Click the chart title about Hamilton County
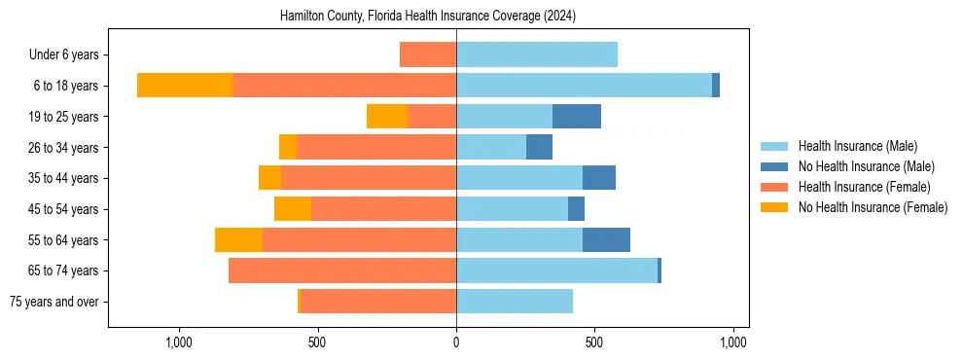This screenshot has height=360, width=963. (428, 17)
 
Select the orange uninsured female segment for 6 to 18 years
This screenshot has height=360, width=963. (185, 86)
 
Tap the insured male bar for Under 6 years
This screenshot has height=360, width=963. (537, 54)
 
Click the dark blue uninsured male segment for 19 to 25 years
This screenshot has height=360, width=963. (577, 117)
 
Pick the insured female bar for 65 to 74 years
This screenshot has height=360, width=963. (342, 270)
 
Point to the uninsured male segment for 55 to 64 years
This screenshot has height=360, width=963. (606, 240)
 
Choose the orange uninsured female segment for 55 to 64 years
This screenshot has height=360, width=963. (238, 240)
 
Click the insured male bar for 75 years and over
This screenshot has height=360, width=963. (515, 302)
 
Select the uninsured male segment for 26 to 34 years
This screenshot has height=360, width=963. (539, 147)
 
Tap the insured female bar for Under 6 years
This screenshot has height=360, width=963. (428, 54)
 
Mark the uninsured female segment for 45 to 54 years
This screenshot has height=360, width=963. (293, 209)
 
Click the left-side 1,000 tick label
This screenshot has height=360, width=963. (178, 342)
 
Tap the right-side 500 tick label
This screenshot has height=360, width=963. (594, 342)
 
